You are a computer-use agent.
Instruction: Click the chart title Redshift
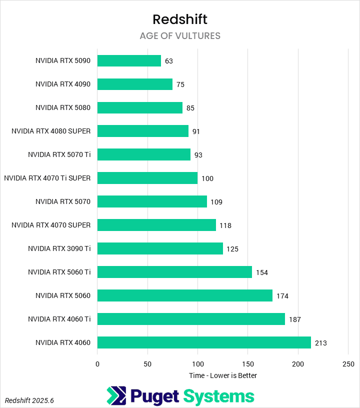(180, 19)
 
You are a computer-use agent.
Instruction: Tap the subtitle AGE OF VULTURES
(180, 36)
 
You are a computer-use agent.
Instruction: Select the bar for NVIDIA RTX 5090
(129, 60)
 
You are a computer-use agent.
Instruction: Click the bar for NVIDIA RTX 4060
(204, 342)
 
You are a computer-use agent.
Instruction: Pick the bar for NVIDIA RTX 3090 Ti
(160, 248)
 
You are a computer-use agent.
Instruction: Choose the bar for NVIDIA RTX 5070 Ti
(144, 154)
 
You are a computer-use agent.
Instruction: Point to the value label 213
(321, 343)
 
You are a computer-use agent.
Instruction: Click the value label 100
(207, 178)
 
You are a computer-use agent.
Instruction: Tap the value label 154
(262, 272)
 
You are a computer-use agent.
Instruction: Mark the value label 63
(168, 61)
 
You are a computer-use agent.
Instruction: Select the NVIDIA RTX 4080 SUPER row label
(51, 131)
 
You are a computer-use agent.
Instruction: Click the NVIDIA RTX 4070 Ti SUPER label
(47, 178)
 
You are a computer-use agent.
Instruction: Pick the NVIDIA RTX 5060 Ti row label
(59, 272)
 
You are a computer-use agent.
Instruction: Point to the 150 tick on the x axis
(248, 364)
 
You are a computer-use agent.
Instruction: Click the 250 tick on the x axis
(348, 364)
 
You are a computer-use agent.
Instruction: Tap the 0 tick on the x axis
(97, 364)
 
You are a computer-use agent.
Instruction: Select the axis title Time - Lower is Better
(223, 375)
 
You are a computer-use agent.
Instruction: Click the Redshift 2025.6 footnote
(29, 400)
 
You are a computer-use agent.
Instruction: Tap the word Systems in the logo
(218, 396)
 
